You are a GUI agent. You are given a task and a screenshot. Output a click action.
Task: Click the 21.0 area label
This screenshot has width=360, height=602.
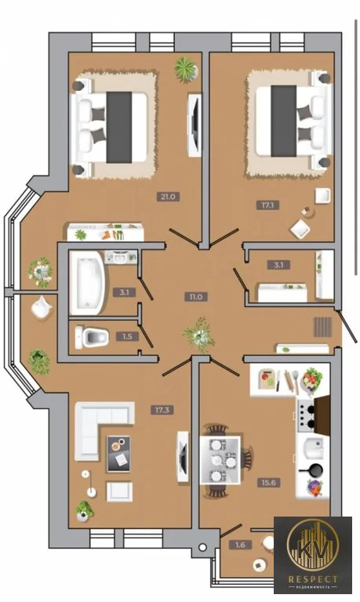click(x=168, y=197)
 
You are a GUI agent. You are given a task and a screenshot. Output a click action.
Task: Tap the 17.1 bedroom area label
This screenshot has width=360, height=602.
click(x=267, y=205)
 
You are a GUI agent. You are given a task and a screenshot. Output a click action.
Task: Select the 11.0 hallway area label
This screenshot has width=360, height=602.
click(x=195, y=297)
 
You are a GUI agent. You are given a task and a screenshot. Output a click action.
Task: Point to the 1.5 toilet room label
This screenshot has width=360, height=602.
click(x=127, y=337)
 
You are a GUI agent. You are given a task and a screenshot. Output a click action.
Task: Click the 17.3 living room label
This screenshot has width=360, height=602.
click(x=162, y=410)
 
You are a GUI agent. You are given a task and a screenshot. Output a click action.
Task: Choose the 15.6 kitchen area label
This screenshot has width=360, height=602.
click(x=268, y=483)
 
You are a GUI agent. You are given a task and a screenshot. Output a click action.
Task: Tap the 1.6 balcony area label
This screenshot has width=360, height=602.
click(x=240, y=545)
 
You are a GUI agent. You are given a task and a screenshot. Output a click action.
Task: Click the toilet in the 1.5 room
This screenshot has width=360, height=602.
click(x=92, y=337)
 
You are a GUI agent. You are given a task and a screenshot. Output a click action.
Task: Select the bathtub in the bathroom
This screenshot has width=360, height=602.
click(x=87, y=283)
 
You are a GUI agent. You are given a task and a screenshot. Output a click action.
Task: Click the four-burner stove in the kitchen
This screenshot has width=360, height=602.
click(x=307, y=414)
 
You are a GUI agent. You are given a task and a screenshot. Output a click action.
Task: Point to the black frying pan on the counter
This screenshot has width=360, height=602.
click(x=314, y=470)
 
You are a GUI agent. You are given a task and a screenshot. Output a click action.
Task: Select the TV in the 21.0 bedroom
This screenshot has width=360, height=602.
click(x=195, y=125)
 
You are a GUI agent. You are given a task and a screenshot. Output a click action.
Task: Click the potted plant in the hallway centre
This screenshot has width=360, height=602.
click(x=199, y=335)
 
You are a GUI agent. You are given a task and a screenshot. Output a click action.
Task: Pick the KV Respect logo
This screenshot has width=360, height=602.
click(x=313, y=555)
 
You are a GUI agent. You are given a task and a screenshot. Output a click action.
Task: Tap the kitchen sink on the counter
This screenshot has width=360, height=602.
click(x=313, y=448)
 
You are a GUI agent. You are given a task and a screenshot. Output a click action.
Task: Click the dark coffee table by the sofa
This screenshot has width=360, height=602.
click(x=118, y=453)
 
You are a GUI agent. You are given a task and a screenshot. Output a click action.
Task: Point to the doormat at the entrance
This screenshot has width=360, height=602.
click(x=322, y=327)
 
